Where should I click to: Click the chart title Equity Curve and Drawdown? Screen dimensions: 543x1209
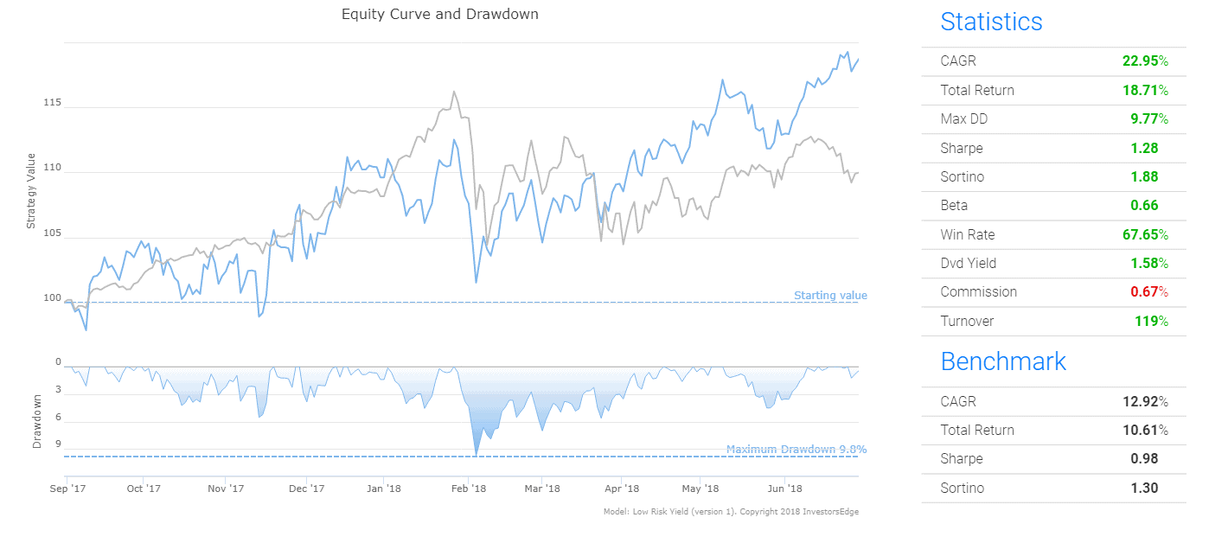coord(439,14)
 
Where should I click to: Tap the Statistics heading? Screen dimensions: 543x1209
coord(991,22)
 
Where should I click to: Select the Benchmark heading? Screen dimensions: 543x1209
coord(1003,361)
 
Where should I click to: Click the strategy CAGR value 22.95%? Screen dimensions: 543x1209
coord(1145,61)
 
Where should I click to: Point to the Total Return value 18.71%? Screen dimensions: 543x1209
coord(1145,90)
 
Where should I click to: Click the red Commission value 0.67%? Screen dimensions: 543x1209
coord(1149,292)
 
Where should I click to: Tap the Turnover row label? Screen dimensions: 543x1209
coord(967,322)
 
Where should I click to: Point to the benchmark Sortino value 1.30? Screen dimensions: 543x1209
coord(1144,489)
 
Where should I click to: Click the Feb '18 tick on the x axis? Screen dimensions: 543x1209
coord(469,489)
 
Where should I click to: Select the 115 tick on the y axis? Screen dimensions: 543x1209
coord(52,103)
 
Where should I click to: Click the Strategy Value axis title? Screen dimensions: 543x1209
coord(31,191)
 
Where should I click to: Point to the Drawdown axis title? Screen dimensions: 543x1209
coord(37,421)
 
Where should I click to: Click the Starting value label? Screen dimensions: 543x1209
coord(830,296)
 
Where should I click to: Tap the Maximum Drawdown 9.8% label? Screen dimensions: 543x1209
coord(796,450)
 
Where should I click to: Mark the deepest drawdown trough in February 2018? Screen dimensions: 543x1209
coord(476,454)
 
